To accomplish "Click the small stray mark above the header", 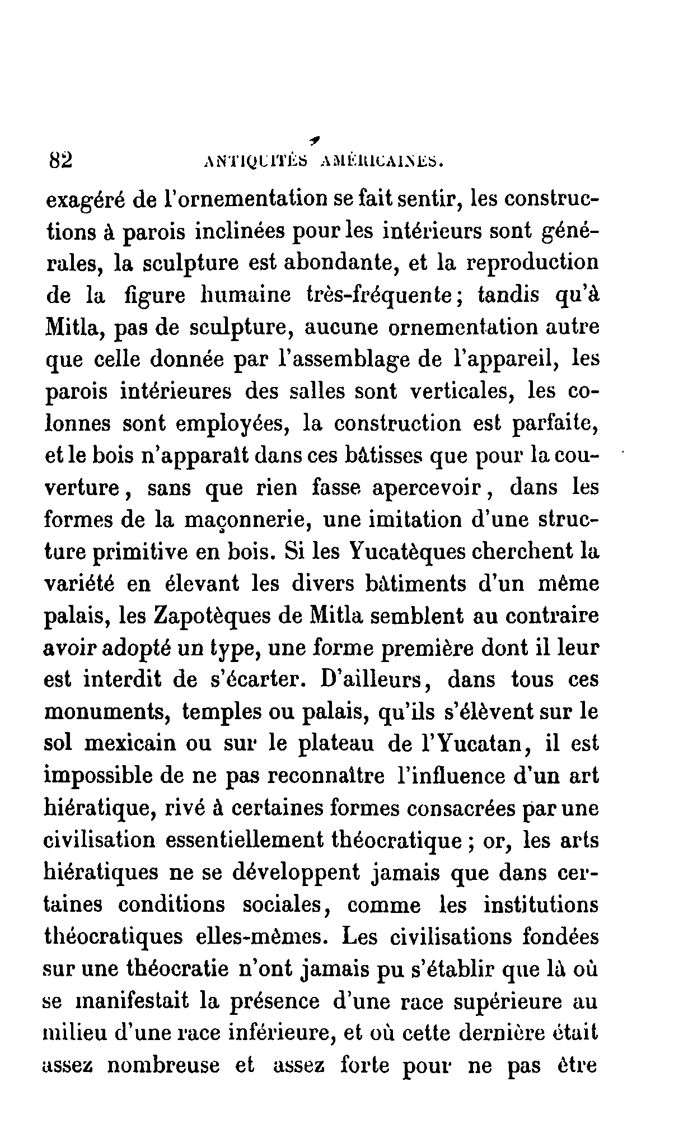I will (320, 138).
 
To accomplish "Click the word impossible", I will (108, 777).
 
